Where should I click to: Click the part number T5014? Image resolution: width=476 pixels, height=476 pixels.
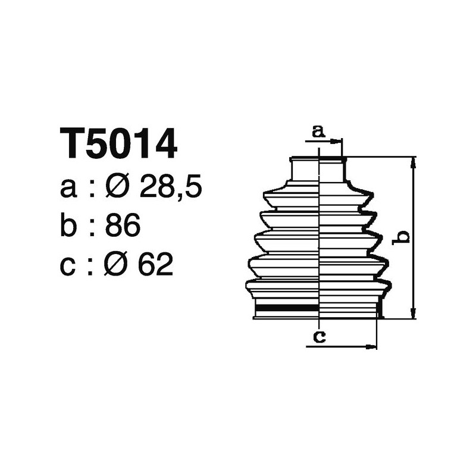[x=118, y=143]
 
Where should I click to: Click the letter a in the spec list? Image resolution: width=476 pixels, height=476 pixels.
[x=68, y=190]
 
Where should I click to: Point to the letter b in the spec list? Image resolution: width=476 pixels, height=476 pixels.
[x=68, y=226]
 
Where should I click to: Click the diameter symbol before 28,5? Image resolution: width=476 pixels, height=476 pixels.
[x=117, y=189]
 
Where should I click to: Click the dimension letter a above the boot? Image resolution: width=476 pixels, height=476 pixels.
[x=319, y=131]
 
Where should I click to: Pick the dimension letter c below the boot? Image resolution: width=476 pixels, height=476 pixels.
[x=319, y=337]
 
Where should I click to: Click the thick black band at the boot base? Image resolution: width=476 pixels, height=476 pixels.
[x=286, y=308]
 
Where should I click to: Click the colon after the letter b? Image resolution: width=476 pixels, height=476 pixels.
[x=91, y=227]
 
